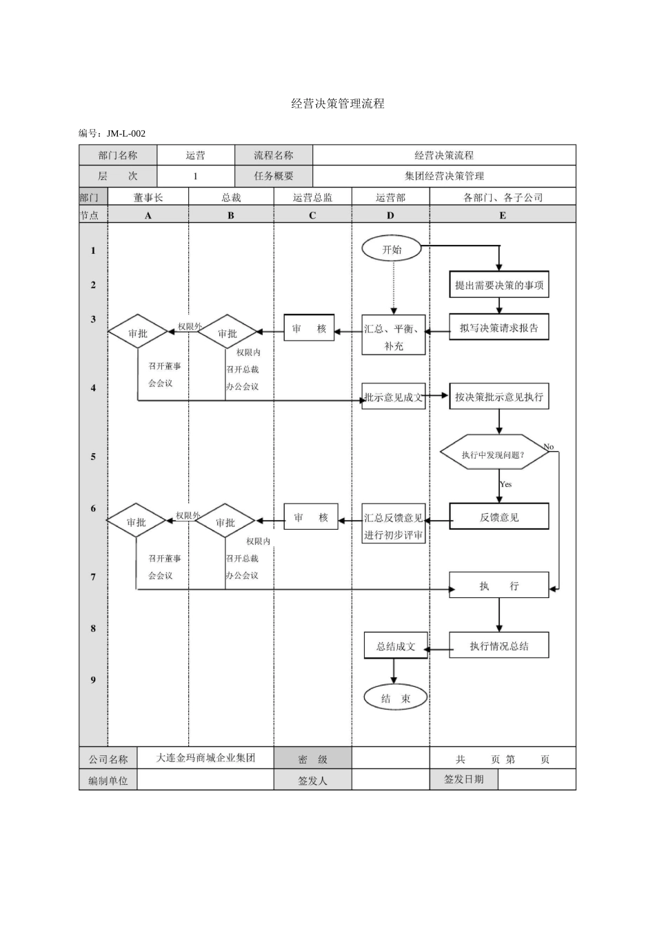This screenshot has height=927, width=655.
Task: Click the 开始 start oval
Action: [x=392, y=250]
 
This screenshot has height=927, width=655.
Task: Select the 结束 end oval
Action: [x=395, y=698]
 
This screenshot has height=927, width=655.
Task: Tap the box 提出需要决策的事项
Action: [x=498, y=285]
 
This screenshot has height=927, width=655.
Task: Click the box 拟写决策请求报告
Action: [x=498, y=328]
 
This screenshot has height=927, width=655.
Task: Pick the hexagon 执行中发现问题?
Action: [x=494, y=454]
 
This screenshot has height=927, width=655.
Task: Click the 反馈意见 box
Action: [x=498, y=517]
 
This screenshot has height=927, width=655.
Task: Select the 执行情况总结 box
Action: [x=498, y=646]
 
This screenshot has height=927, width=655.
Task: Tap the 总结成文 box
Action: [x=395, y=646]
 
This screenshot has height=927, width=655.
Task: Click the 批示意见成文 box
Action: [x=393, y=397]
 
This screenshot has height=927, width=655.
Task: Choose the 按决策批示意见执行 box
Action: [x=498, y=397]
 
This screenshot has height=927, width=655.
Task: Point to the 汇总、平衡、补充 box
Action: [x=393, y=337]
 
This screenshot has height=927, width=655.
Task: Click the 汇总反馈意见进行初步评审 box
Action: [x=394, y=526]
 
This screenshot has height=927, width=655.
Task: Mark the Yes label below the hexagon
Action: [x=506, y=484]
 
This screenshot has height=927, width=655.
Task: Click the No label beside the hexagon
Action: [x=548, y=447]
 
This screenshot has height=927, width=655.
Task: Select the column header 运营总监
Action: [x=312, y=197]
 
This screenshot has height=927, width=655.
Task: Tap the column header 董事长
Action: [x=148, y=197]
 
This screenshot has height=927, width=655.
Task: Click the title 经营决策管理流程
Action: [x=337, y=103]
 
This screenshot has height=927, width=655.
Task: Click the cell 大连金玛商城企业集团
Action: [x=205, y=757]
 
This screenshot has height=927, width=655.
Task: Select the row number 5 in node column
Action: [x=93, y=457]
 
